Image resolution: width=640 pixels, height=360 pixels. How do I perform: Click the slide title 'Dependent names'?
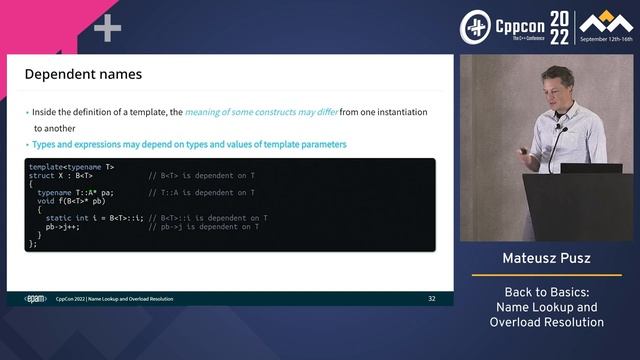coord(83,74)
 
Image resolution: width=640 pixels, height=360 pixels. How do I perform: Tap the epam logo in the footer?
coord(35,298)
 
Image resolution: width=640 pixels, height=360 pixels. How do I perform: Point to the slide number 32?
coord(431,298)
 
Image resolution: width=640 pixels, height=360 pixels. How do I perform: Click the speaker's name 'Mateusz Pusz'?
coord(546,259)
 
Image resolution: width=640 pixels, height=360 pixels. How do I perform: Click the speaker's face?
coord(556,84)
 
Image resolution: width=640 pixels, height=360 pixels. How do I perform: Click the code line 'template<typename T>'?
coord(71,166)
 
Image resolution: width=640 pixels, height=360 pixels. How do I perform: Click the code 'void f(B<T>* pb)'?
coord(72,200)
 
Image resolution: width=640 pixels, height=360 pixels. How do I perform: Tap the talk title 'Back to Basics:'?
coord(546,292)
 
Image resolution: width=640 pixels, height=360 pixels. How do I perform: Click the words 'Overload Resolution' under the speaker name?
coord(546,322)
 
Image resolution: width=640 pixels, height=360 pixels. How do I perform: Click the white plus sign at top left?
coord(107,28)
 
